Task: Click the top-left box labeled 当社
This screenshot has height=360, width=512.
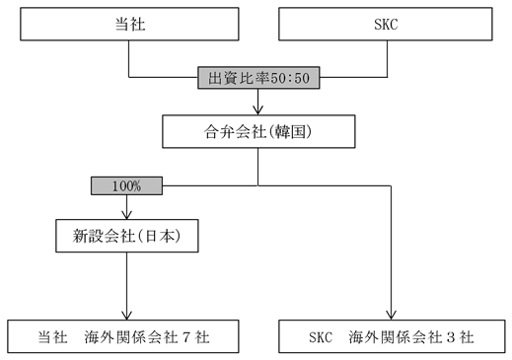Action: click(x=129, y=24)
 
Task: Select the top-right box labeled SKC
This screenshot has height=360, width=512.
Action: click(x=386, y=24)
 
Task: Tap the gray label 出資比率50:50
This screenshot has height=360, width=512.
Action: click(x=258, y=78)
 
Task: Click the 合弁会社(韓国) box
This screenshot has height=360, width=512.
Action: click(x=258, y=131)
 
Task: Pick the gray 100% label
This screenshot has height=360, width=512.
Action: click(x=126, y=185)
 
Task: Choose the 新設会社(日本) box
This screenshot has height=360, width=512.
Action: click(x=127, y=236)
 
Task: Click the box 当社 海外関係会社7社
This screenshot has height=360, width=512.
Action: click(x=123, y=336)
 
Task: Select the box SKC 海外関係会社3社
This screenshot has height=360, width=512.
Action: click(x=392, y=336)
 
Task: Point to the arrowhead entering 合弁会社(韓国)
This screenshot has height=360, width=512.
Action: click(x=257, y=110)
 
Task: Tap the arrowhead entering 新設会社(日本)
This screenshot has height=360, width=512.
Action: click(x=126, y=215)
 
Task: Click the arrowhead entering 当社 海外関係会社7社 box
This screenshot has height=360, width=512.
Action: click(x=126, y=316)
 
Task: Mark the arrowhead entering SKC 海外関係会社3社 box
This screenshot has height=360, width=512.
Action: click(x=391, y=316)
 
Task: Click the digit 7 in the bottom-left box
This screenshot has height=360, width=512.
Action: click(x=186, y=337)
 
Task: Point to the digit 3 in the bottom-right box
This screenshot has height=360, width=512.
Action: click(x=451, y=337)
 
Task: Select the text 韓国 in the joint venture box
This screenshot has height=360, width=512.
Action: click(x=289, y=132)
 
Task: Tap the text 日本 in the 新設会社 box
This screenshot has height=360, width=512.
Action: click(x=160, y=236)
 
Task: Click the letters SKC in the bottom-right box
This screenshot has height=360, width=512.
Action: click(x=321, y=337)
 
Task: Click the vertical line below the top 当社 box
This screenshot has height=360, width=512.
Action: click(x=128, y=59)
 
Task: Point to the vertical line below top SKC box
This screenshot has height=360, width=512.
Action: click(x=387, y=59)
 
